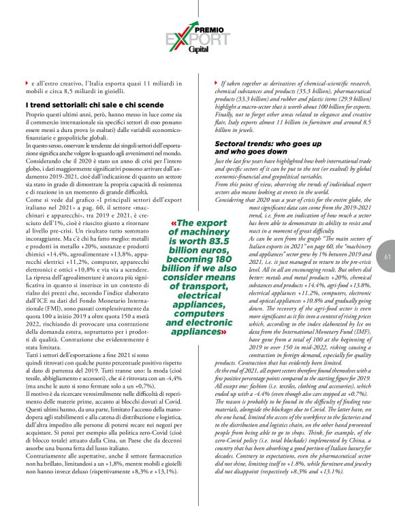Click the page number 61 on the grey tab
pyautogui.click(x=387, y=275)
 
